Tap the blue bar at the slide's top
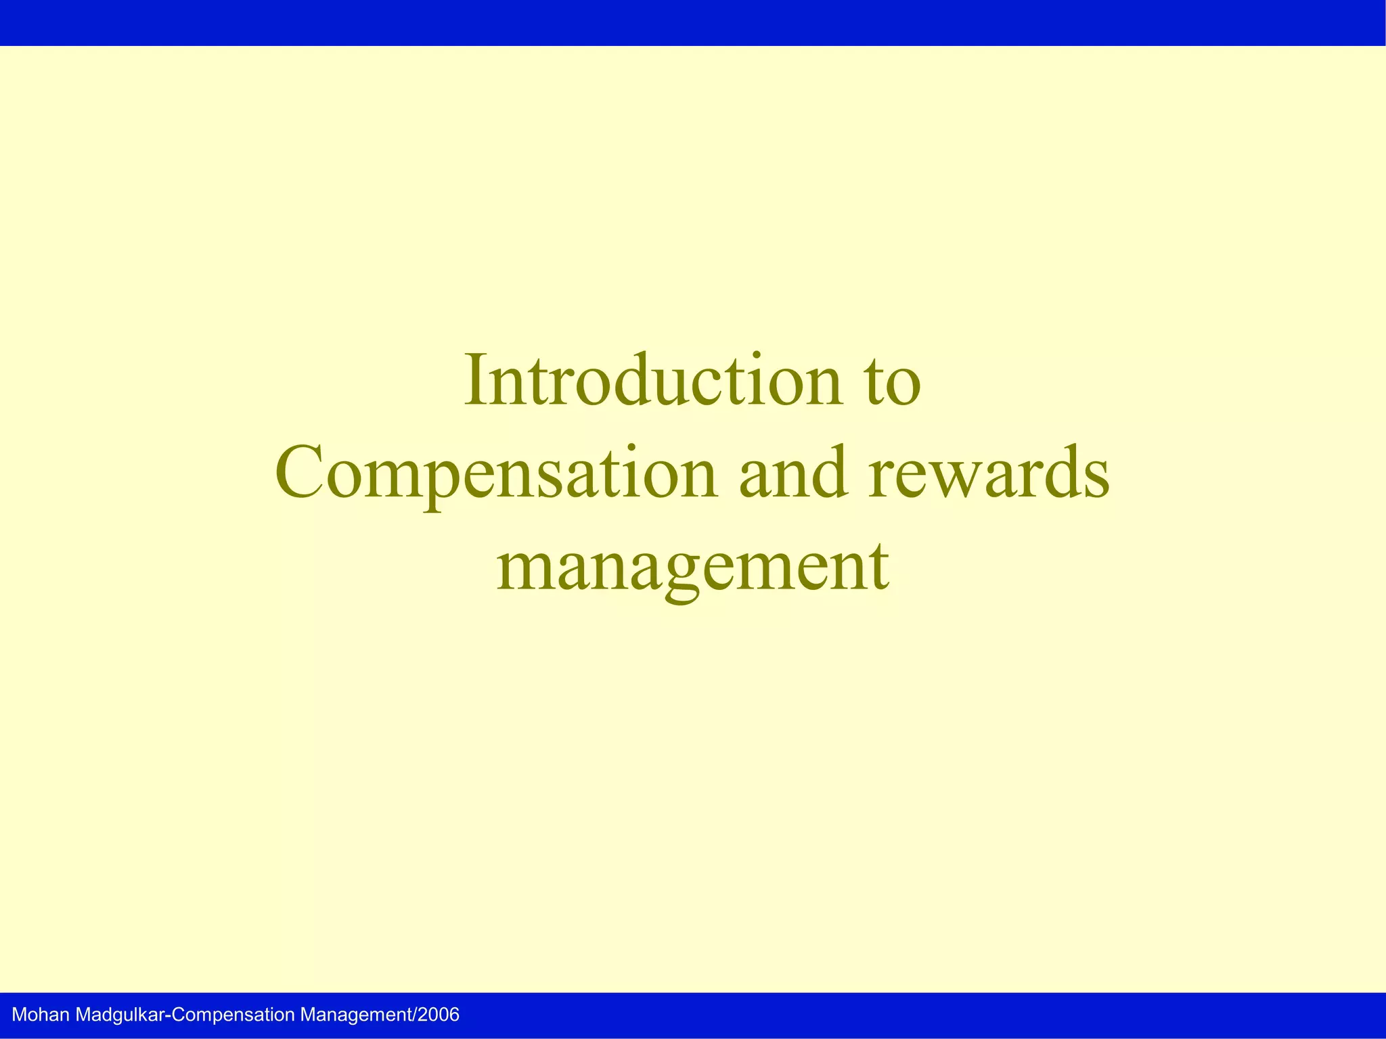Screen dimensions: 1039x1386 tap(693, 22)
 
